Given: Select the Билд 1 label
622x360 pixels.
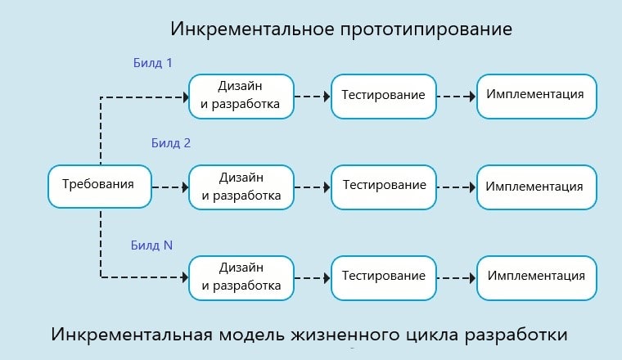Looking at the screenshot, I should [152, 63].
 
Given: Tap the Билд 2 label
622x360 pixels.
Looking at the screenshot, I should [170, 142].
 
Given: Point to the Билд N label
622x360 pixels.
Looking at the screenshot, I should [151, 245].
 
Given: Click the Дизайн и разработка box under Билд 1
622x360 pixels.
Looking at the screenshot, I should [241, 95].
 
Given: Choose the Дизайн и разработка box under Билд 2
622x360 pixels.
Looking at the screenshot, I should [241, 187].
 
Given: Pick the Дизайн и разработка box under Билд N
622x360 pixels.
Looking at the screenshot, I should [241, 277].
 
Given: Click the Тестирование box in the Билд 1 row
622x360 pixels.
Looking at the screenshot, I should [383, 95].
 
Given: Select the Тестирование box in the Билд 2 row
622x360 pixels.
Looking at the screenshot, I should [383, 186].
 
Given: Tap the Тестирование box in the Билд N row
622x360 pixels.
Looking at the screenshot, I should [383, 276].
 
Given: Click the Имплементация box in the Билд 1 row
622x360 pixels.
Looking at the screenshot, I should [535, 94].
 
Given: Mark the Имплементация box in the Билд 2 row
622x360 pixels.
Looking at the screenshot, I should [535, 187].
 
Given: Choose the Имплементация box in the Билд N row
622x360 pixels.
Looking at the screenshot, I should [535, 276].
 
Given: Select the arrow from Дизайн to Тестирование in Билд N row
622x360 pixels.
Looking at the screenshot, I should [312, 277].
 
